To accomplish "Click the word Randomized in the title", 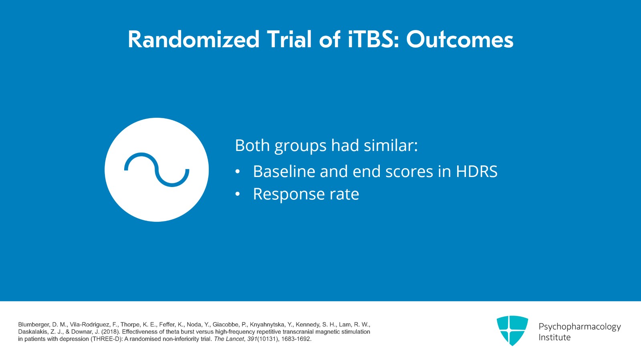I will [x=194, y=40].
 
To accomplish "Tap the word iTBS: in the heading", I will [x=373, y=40].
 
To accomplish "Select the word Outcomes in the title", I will [x=460, y=40].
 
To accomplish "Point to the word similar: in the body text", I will [x=391, y=145].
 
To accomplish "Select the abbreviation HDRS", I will [x=476, y=171].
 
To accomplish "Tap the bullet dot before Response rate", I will [x=238, y=194].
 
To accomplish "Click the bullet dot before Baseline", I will [x=238, y=172].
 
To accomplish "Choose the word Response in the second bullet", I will [x=288, y=195].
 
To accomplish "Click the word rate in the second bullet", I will [x=344, y=195].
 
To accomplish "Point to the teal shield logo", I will [x=512, y=330].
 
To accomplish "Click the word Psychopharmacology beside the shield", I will [x=579, y=327].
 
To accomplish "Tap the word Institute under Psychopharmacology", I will [x=554, y=338].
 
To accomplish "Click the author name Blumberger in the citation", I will [x=34, y=325].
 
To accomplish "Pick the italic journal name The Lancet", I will [x=229, y=339].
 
